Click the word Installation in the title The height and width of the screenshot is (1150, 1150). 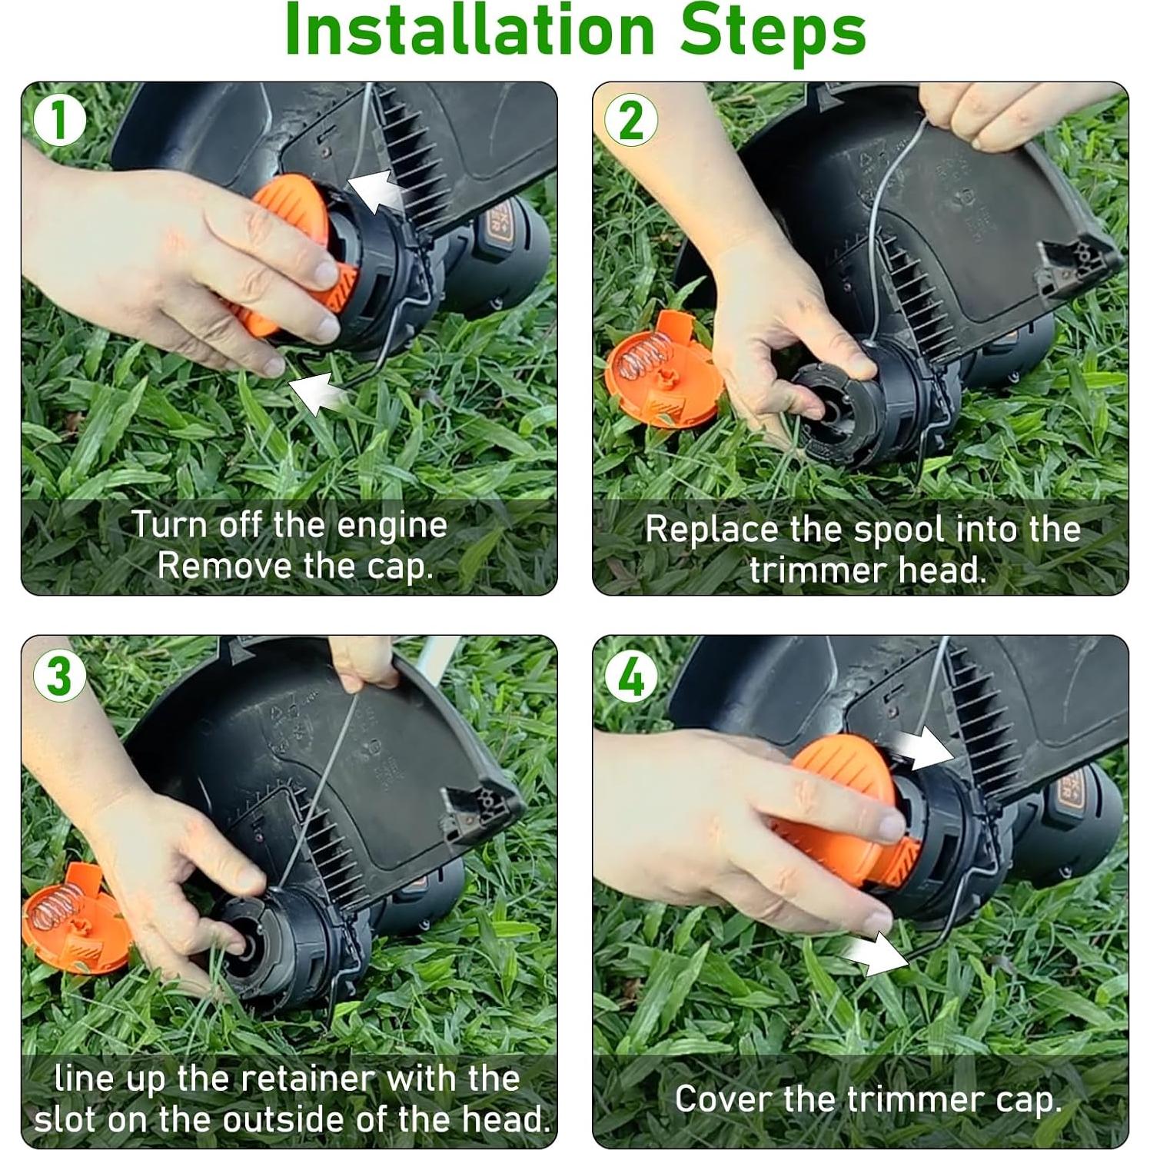click(x=469, y=31)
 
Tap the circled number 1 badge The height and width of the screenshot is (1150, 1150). click(x=60, y=121)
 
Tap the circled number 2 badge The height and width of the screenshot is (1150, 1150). click(x=631, y=121)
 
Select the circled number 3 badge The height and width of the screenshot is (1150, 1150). click(x=60, y=676)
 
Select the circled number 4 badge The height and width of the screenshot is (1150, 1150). click(x=631, y=677)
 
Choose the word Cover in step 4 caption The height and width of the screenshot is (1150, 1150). click(x=723, y=1099)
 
